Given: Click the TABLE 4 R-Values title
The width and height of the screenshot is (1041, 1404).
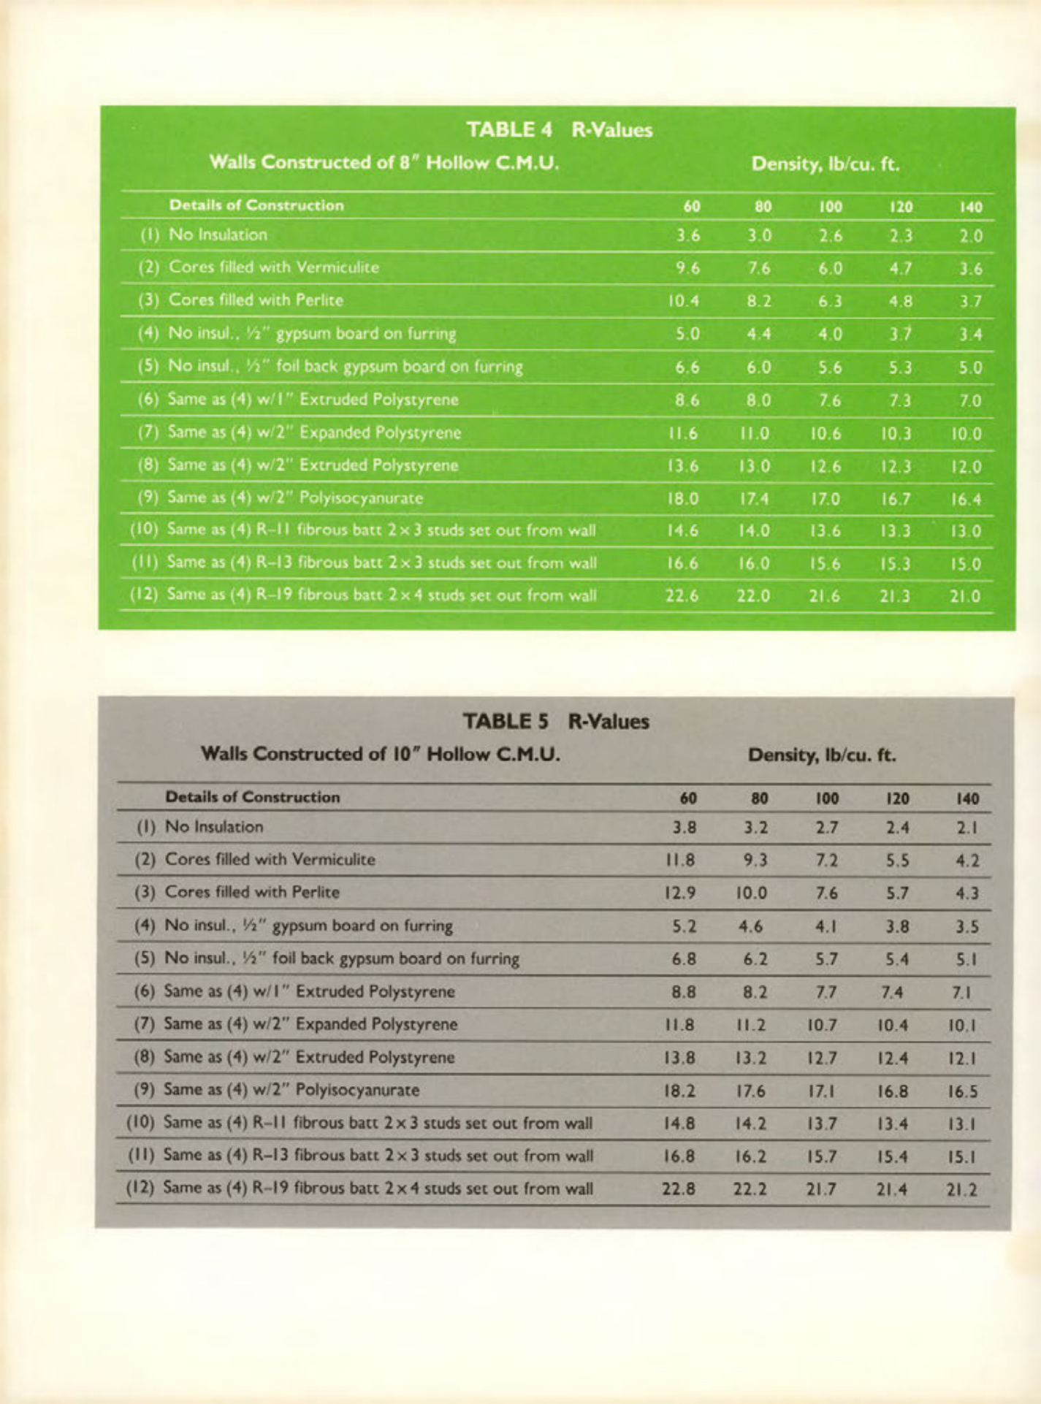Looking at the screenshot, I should click(560, 130).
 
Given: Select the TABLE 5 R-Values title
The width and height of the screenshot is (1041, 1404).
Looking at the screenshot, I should click(556, 722).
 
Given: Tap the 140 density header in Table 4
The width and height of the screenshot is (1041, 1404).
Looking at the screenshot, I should click(971, 207).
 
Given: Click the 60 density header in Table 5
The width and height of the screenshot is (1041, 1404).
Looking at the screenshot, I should click(688, 798).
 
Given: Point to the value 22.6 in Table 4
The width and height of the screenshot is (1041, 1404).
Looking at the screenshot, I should click(682, 596).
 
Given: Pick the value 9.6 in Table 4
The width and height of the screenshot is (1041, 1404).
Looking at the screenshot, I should click(687, 268).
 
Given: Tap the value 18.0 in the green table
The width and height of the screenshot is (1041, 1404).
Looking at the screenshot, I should click(682, 499).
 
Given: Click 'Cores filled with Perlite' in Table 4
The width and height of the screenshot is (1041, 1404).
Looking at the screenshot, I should click(256, 300).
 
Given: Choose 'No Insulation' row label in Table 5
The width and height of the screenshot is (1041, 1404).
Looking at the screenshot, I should click(214, 827).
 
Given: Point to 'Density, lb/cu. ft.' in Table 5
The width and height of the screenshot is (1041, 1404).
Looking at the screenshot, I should click(822, 754).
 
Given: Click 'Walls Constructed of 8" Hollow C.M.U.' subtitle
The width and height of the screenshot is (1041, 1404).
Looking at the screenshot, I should click(384, 162).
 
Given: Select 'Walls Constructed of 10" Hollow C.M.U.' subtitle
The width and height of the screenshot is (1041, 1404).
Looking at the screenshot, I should click(381, 753).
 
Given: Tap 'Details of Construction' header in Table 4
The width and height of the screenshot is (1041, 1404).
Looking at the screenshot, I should click(256, 205).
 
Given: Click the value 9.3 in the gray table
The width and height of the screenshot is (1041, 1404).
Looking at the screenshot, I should click(755, 861).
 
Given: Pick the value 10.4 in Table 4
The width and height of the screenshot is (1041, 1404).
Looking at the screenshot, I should click(682, 301).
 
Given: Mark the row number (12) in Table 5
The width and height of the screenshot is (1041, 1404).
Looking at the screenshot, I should click(142, 1189).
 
